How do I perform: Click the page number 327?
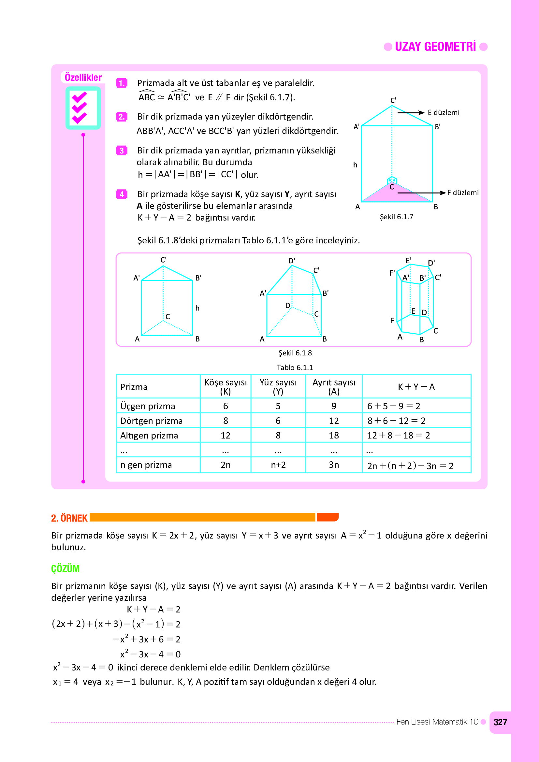500,722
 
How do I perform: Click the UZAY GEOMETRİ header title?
435,47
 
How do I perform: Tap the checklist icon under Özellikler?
83,108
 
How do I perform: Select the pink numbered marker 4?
122,194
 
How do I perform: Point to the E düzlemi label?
444,112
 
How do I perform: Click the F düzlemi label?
463,193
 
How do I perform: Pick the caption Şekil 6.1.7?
396,217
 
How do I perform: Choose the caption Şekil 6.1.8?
295,353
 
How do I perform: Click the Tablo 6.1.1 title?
295,367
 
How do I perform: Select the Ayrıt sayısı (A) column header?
334,387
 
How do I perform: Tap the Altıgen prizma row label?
149,436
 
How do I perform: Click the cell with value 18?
334,436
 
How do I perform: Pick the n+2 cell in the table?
278,465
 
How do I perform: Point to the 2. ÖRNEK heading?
69,518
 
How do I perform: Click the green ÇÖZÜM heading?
65,568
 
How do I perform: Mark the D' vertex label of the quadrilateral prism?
291,261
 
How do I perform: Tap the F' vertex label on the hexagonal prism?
392,273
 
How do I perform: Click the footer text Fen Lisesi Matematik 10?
437,722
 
